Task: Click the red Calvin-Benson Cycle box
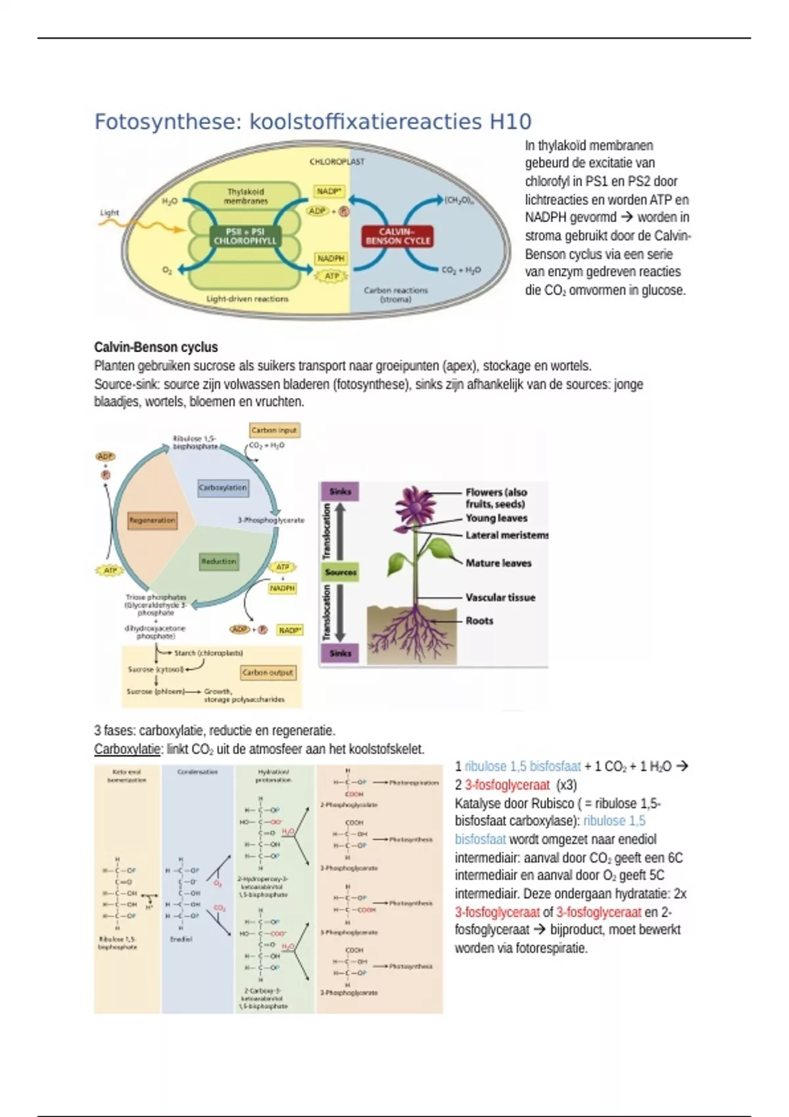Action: click(397, 237)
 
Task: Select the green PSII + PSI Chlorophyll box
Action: click(245, 237)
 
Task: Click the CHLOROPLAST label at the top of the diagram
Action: click(337, 162)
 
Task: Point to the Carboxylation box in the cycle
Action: click(223, 488)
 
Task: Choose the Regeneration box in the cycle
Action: click(152, 520)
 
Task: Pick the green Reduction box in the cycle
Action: click(218, 562)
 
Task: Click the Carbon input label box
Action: click(274, 430)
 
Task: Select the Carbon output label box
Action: click(268, 673)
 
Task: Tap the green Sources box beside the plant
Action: click(340, 572)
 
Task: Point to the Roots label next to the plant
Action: click(479, 621)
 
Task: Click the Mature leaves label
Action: click(498, 563)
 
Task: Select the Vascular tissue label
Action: click(500, 598)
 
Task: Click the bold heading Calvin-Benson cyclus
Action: click(156, 348)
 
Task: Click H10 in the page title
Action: click(510, 122)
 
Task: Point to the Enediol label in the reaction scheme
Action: click(181, 940)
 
